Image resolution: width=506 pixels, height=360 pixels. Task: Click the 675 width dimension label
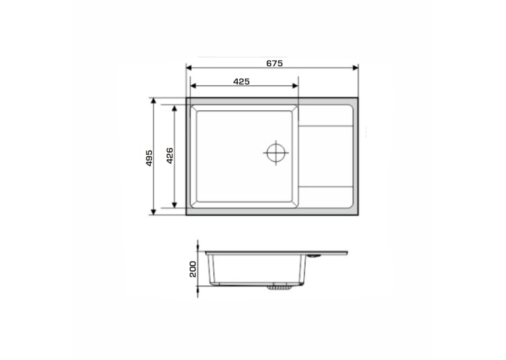tap(274, 63)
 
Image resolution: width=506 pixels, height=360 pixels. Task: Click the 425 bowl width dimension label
tap(241, 82)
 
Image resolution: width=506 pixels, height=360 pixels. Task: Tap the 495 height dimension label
tap(149, 158)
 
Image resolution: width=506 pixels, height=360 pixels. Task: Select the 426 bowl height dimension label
tap(170, 156)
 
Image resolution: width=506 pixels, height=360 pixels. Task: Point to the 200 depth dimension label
tap(193, 269)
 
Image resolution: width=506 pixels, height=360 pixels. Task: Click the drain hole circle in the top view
tap(276, 153)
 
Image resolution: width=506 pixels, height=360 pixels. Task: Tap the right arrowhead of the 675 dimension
tap(355, 68)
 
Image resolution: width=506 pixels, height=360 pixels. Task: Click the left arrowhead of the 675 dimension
tap(189, 68)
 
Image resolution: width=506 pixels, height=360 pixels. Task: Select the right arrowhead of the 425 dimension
tap(295, 86)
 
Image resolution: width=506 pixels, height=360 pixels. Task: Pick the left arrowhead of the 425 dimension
tap(194, 86)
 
